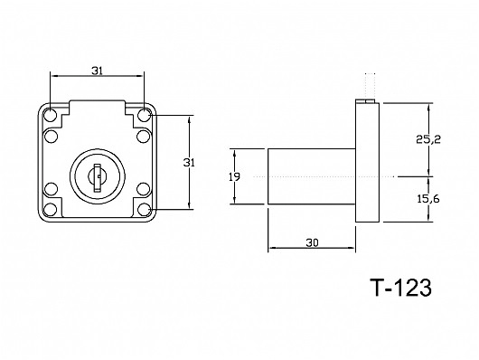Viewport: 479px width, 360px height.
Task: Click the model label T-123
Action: coord(400,288)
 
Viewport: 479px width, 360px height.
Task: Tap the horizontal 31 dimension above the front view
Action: coord(97,71)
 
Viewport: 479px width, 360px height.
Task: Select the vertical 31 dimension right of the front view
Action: coord(189,163)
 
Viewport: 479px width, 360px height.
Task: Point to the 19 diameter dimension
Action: coord(234,176)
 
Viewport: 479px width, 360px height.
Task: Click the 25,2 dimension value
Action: coord(428,139)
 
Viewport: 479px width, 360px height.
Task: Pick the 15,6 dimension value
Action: coord(428,199)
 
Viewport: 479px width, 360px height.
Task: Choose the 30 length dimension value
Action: coord(312,242)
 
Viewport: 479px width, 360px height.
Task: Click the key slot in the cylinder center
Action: coord(98,178)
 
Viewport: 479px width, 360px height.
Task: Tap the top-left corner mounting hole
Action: coord(50,115)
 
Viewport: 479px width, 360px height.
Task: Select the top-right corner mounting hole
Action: coord(144,115)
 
